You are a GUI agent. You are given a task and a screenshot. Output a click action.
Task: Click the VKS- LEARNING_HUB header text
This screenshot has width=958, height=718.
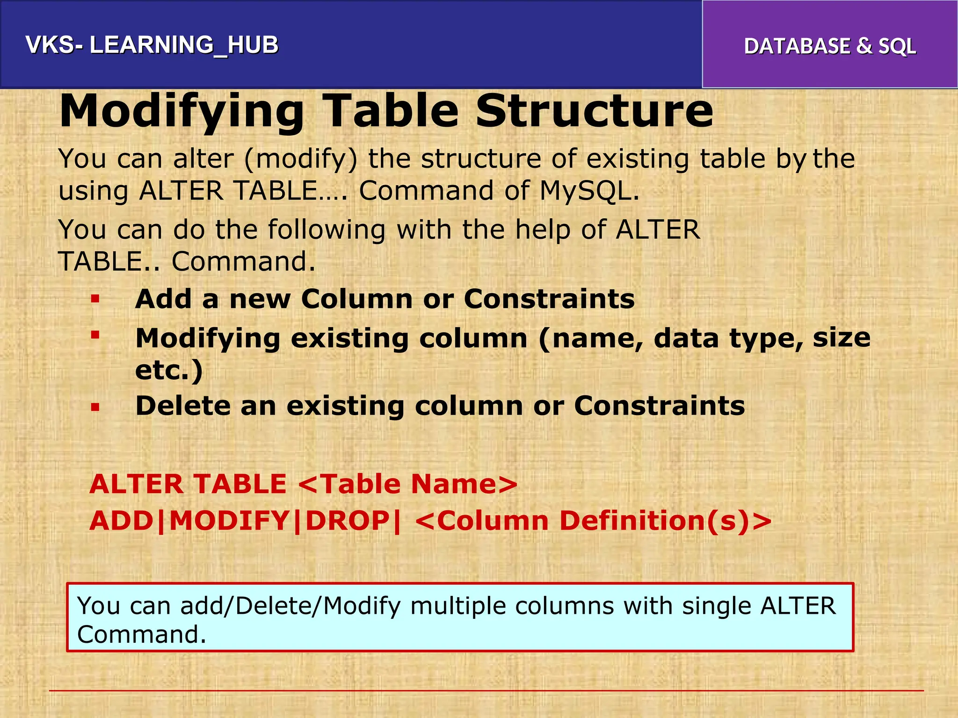point(152,45)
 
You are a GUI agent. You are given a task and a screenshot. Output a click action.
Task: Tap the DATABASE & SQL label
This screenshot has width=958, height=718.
point(830,46)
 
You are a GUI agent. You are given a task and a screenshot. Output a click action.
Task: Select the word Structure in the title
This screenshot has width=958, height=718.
point(594,111)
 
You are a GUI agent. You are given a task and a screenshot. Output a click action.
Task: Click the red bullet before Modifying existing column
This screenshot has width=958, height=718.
point(95,335)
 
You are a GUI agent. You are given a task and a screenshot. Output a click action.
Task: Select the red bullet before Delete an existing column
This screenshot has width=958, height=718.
point(95,407)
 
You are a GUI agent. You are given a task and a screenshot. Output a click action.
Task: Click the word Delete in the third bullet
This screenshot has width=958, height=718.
point(182,405)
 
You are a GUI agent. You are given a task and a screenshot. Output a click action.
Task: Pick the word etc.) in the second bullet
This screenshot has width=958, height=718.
point(169,370)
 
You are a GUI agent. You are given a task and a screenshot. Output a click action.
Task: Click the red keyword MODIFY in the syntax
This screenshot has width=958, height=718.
point(229,521)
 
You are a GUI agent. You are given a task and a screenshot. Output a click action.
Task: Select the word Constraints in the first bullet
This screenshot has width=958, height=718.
point(549,299)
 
